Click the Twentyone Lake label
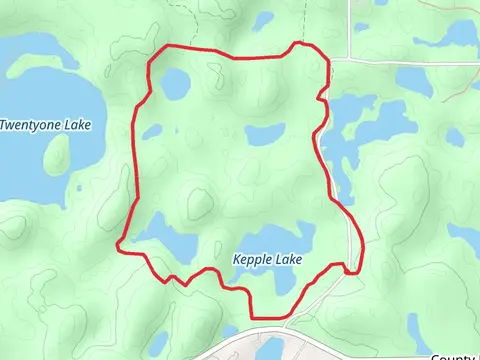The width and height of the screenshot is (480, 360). tap(45, 125)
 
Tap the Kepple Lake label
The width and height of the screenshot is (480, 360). tap(267, 259)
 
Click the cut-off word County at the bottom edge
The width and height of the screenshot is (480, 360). tap(456, 356)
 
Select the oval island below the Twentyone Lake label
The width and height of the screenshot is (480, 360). tap(57, 153)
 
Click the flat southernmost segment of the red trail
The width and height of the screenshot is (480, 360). tap(268, 318)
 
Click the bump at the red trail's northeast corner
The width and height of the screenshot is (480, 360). tap(297, 45)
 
